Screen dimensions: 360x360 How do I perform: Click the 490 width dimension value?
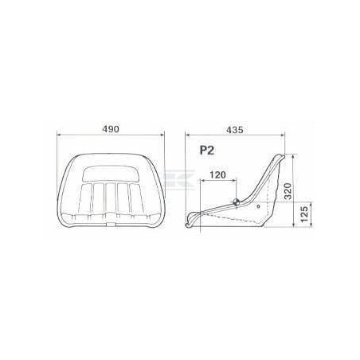(111, 129)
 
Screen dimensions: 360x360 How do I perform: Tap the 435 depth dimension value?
(234, 130)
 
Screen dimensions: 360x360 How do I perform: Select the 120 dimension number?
(217, 175)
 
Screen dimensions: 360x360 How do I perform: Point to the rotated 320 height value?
(288, 191)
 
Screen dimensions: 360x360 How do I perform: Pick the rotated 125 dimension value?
(305, 214)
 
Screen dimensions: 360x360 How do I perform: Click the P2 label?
(207, 151)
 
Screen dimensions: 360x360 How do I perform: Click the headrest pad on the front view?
(110, 174)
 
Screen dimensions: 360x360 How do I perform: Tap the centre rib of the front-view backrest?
(111, 198)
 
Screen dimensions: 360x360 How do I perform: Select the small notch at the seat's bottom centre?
(111, 225)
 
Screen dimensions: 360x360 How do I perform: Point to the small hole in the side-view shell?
(259, 206)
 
